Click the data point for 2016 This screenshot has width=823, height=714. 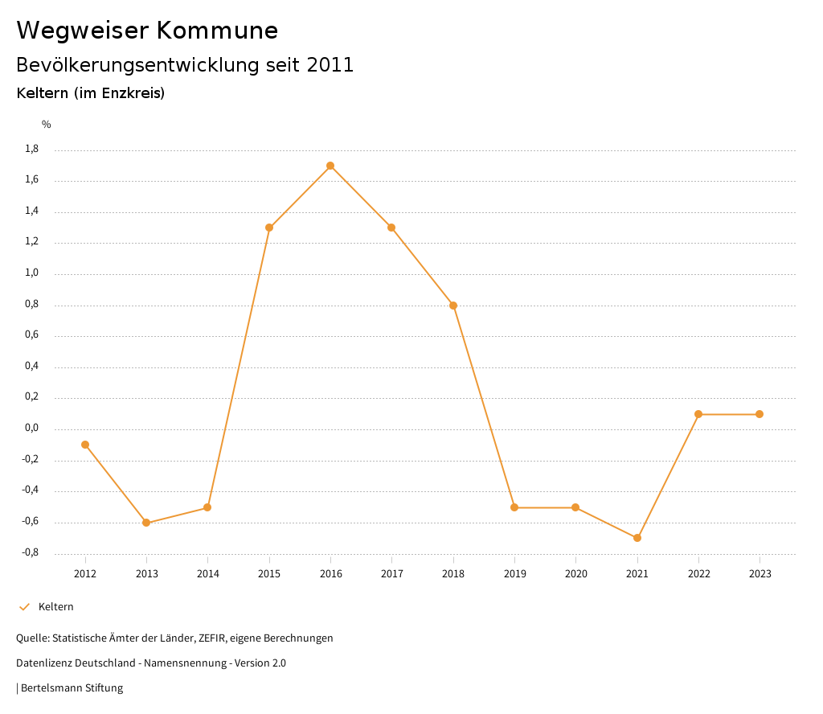330,166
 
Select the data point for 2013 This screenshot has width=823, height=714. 146,523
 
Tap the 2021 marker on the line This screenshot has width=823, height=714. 637,538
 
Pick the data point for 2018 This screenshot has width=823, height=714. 453,306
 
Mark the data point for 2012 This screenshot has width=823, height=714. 85,445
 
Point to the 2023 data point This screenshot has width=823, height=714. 760,414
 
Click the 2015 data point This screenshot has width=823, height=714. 269,228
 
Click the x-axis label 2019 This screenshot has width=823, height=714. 514,574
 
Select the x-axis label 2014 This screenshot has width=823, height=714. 207,574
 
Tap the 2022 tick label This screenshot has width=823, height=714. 698,574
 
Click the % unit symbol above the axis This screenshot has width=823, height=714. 47,125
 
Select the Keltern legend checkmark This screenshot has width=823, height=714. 24,607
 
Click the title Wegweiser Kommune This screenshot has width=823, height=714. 147,31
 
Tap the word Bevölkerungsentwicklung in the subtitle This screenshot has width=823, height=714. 137,65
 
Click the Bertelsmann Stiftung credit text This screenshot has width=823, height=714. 72,688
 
